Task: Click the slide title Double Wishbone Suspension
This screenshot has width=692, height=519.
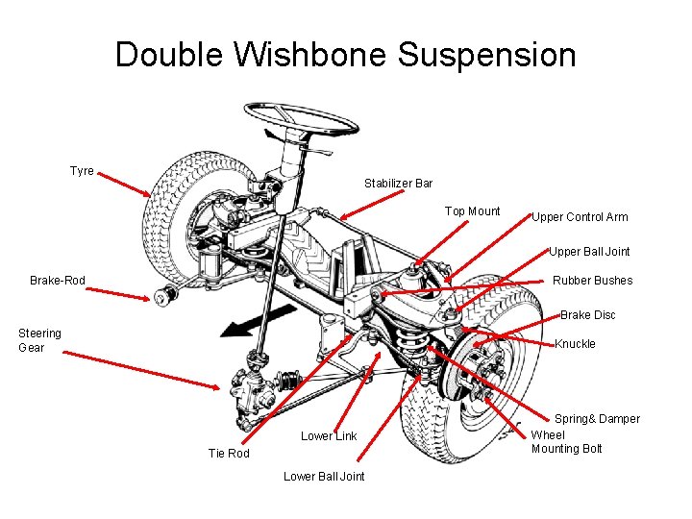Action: point(346,55)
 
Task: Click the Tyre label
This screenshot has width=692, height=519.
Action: point(82,171)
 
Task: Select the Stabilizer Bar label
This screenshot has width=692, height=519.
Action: point(398,184)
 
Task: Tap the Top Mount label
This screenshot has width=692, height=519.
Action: point(472,211)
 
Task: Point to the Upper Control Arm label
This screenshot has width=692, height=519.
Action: point(580,217)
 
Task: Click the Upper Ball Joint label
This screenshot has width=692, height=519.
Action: point(589,252)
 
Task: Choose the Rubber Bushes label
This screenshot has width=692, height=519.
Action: point(592,281)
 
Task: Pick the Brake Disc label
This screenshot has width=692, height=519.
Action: point(587,315)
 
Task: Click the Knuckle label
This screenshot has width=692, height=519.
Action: point(575,344)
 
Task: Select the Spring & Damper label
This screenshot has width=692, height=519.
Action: point(597,419)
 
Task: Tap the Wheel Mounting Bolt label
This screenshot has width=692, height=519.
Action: point(566,442)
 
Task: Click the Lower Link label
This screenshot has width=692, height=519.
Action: point(329,436)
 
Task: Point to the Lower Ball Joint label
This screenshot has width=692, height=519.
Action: point(324,477)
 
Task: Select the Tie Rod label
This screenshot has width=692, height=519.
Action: point(229,454)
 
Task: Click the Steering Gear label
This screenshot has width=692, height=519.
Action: point(39,340)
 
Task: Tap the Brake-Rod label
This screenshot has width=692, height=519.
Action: point(58,281)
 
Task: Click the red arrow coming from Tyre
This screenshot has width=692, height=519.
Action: point(125,185)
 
